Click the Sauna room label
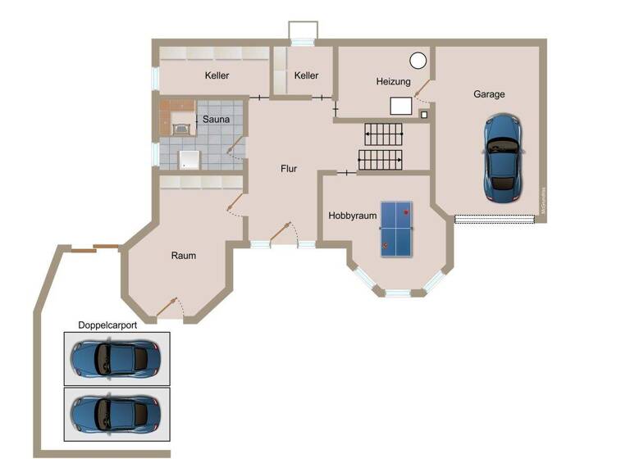click(217, 120)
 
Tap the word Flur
click(289, 169)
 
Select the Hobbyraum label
click(353, 216)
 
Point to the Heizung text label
click(394, 82)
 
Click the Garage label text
click(489, 94)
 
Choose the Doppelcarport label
click(107, 325)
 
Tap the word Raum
click(184, 256)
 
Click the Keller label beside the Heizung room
click(306, 76)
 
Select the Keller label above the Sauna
click(217, 76)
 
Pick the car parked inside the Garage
click(503, 158)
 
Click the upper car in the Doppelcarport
click(116, 358)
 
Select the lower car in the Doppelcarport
click(116, 412)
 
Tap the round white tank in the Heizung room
click(418, 59)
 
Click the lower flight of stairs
click(379, 159)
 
